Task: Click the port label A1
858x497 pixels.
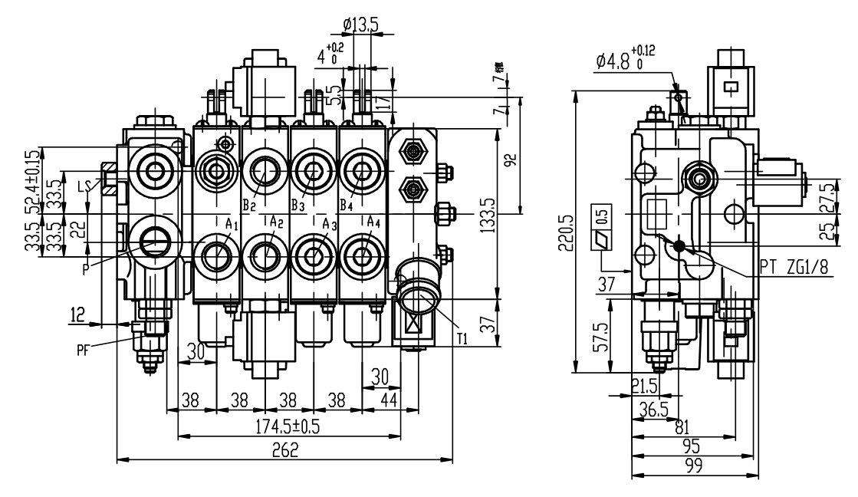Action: pos(233,224)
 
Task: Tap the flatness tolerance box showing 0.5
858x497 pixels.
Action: pos(600,228)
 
